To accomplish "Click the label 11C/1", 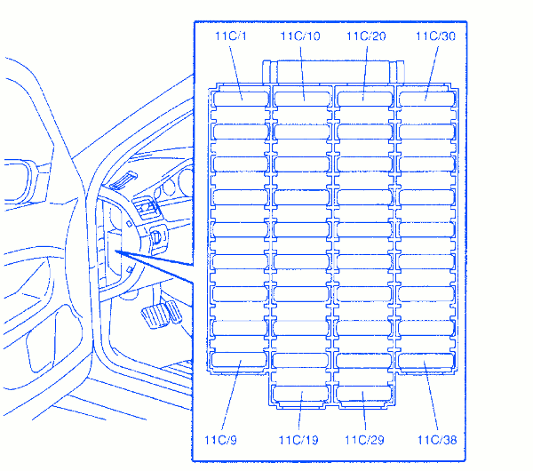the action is coord(231,36).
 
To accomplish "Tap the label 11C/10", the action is coord(300,36).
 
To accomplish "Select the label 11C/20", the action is coord(366,36).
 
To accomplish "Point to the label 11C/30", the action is coord(436,36).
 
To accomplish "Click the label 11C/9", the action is coord(220,440).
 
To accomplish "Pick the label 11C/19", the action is coord(298,440).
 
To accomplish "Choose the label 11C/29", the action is coord(364,440).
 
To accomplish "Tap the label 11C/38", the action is coord(437,440).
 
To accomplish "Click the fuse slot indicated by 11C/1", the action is coord(241,99).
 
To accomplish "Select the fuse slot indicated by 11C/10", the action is coord(302,99).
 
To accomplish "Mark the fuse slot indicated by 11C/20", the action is coord(364,99).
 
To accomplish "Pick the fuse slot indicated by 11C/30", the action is coord(427,99).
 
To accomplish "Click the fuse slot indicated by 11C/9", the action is coord(239,360).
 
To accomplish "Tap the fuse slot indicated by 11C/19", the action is coord(300,393).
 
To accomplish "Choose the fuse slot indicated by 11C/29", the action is coord(363,393).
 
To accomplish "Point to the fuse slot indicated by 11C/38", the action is coord(426,361).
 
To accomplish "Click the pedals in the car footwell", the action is coord(162,315).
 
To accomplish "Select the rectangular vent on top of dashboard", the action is coord(123,180).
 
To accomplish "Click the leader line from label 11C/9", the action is coord(232,395).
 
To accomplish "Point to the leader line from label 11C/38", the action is coord(431,395).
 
